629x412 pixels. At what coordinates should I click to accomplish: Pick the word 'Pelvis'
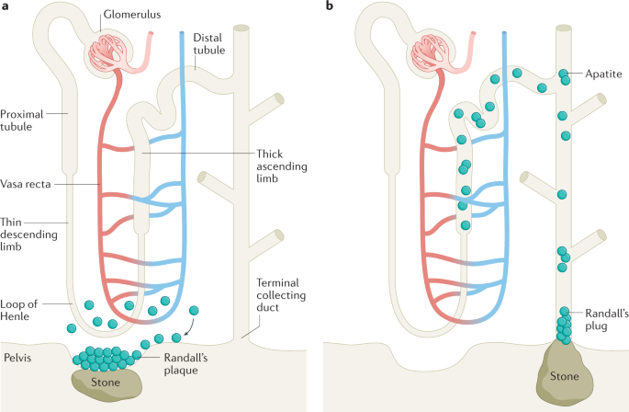[x=17, y=355]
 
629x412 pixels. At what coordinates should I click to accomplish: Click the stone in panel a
[x=108, y=382]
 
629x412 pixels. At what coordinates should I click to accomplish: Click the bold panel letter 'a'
[x=6, y=7]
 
